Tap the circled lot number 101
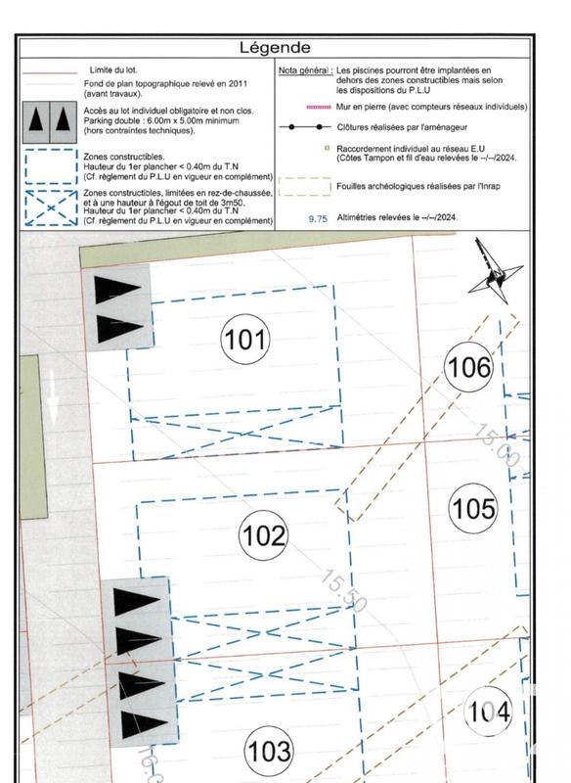[244, 340]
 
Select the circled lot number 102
[264, 535]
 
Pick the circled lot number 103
[269, 752]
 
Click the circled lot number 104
[488, 712]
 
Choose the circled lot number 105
[473, 508]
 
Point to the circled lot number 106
[467, 368]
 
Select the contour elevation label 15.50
[343, 593]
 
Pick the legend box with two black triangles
[48, 118]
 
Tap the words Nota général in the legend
[303, 71]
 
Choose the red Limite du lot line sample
[48, 71]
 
